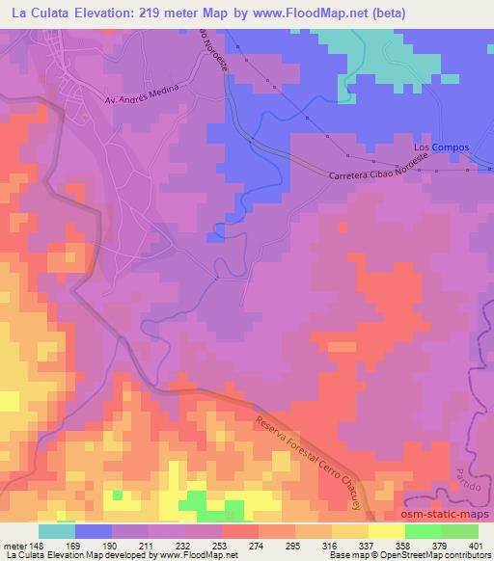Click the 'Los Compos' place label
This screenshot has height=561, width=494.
click(x=441, y=147)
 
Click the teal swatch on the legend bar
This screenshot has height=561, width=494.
click(x=57, y=531)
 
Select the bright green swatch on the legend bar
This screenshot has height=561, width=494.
click(x=423, y=531)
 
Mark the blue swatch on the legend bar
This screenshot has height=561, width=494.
click(x=94, y=531)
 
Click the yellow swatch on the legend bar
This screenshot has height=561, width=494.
click(x=386, y=531)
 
